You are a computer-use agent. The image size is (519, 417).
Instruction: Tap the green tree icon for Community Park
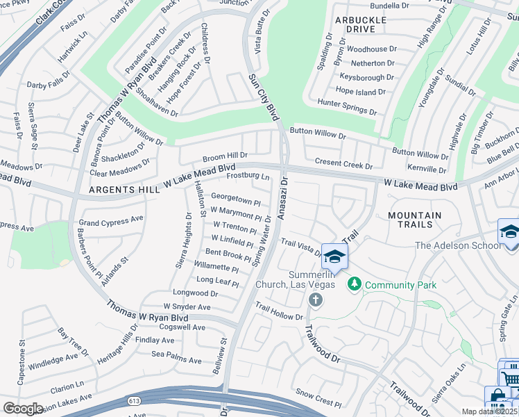tap(355, 284)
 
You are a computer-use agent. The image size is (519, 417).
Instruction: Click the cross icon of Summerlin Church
tap(315, 300)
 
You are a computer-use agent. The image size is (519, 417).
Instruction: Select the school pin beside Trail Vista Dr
tap(334, 257)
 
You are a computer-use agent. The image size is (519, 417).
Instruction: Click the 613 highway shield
tap(134, 402)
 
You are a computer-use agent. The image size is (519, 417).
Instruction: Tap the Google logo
tap(23, 409)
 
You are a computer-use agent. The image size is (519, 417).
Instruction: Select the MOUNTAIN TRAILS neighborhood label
tap(415, 220)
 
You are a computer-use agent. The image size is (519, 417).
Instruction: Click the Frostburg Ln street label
tap(249, 177)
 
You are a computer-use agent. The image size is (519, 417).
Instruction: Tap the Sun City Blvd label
tap(262, 97)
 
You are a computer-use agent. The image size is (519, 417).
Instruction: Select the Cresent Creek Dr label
tap(343, 165)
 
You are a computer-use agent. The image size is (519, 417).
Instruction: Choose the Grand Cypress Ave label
tap(110, 221)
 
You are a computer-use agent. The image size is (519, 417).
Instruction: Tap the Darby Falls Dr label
tap(49, 85)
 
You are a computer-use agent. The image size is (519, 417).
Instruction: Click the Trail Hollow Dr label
tap(279, 311)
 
